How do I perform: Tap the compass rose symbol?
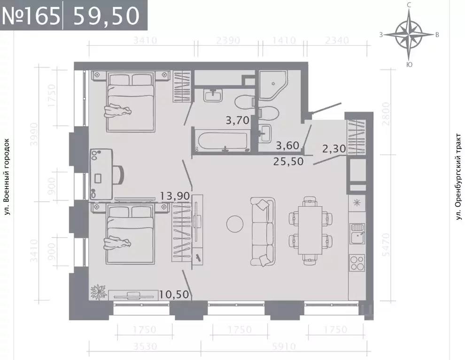[409, 34]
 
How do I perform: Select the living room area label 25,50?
[288, 161]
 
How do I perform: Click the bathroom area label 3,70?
[237, 120]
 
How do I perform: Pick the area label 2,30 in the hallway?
[334, 149]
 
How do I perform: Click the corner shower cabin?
[272, 86]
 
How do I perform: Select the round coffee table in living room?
[234, 223]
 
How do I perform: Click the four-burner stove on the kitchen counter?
[357, 262]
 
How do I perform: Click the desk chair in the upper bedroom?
[119, 175]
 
